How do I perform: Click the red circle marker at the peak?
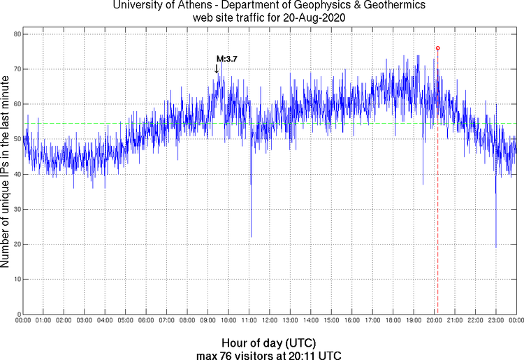point(437,48)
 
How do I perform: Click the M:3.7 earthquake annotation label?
point(226,59)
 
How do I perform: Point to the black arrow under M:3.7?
point(217,69)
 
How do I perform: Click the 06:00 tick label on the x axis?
point(145,320)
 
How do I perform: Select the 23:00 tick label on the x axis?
point(495,320)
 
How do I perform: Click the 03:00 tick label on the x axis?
point(84,320)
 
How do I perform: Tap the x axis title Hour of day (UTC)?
point(268,343)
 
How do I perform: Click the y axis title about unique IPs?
point(6,174)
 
